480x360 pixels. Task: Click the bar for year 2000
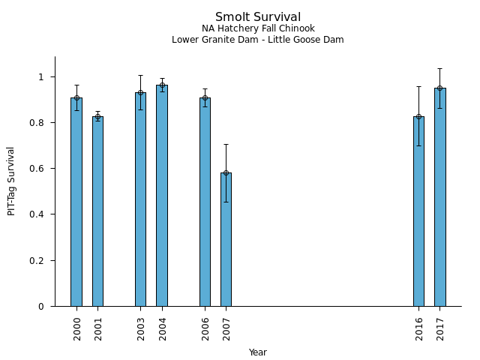76,202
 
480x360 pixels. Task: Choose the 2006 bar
205,202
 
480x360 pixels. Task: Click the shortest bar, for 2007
226,240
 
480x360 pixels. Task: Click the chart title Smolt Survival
258,17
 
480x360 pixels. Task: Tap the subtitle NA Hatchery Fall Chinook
258,28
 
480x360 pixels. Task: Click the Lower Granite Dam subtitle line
258,40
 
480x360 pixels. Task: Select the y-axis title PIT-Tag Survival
11,181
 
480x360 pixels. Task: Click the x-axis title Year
258,352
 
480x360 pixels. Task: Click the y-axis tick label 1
42,77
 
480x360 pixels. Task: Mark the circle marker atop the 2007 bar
226,172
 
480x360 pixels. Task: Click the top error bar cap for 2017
440,69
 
